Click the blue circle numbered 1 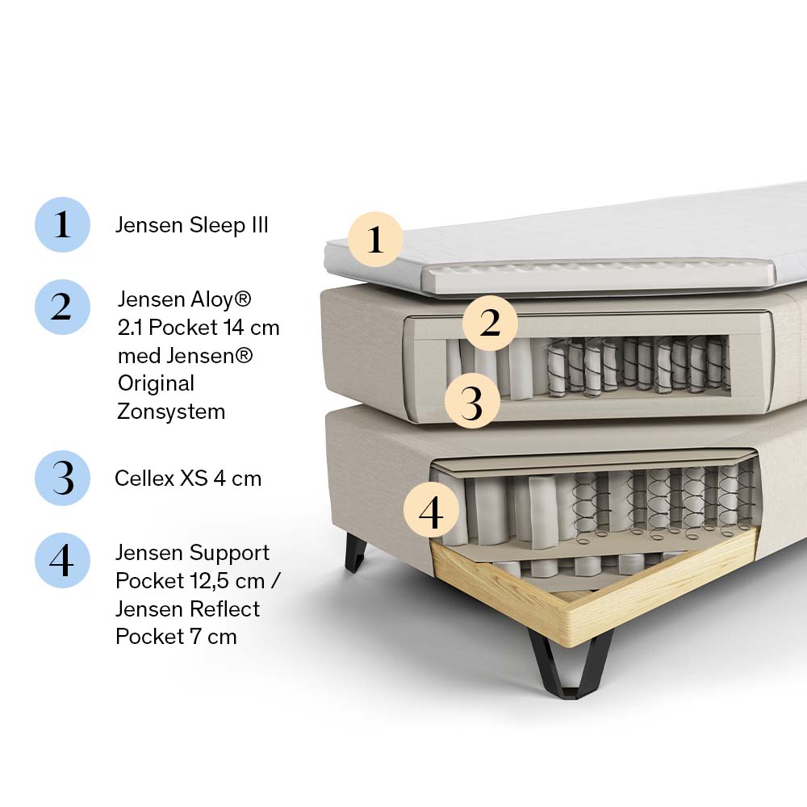pyautogui.click(x=62, y=224)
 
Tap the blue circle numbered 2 pyautogui.click(x=62, y=307)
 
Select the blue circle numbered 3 pyautogui.click(x=62, y=478)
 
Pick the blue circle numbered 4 pyautogui.click(x=62, y=560)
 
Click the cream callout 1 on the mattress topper pyautogui.click(x=375, y=240)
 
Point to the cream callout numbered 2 pyautogui.click(x=490, y=323)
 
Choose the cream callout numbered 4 pyautogui.click(x=431, y=511)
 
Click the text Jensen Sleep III pyautogui.click(x=191, y=225)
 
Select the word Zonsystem pyautogui.click(x=171, y=412)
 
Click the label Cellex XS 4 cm pyautogui.click(x=188, y=478)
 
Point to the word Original pyautogui.click(x=156, y=383)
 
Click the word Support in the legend pyautogui.click(x=230, y=554)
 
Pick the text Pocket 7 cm pyautogui.click(x=176, y=636)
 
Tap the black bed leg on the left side pyautogui.click(x=355, y=553)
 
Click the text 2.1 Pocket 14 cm pyautogui.click(x=199, y=328)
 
